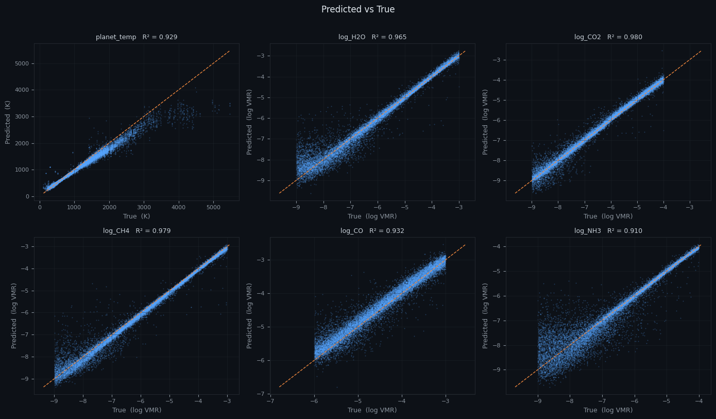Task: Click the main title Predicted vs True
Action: click(x=358, y=9)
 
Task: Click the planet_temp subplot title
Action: click(x=137, y=37)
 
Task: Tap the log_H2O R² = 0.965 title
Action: click(x=372, y=37)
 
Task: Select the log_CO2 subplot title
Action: click(x=608, y=37)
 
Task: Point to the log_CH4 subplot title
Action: click(x=137, y=231)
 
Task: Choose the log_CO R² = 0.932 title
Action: click(x=372, y=231)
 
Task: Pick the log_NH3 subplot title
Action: click(x=608, y=231)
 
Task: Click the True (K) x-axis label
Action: click(x=137, y=216)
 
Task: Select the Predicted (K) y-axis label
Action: click(x=8, y=122)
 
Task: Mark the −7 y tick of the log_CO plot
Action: click(x=261, y=394)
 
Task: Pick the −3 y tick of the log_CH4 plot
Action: click(x=25, y=246)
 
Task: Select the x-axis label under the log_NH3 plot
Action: click(x=608, y=410)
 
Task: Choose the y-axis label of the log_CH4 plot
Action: click(x=14, y=315)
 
